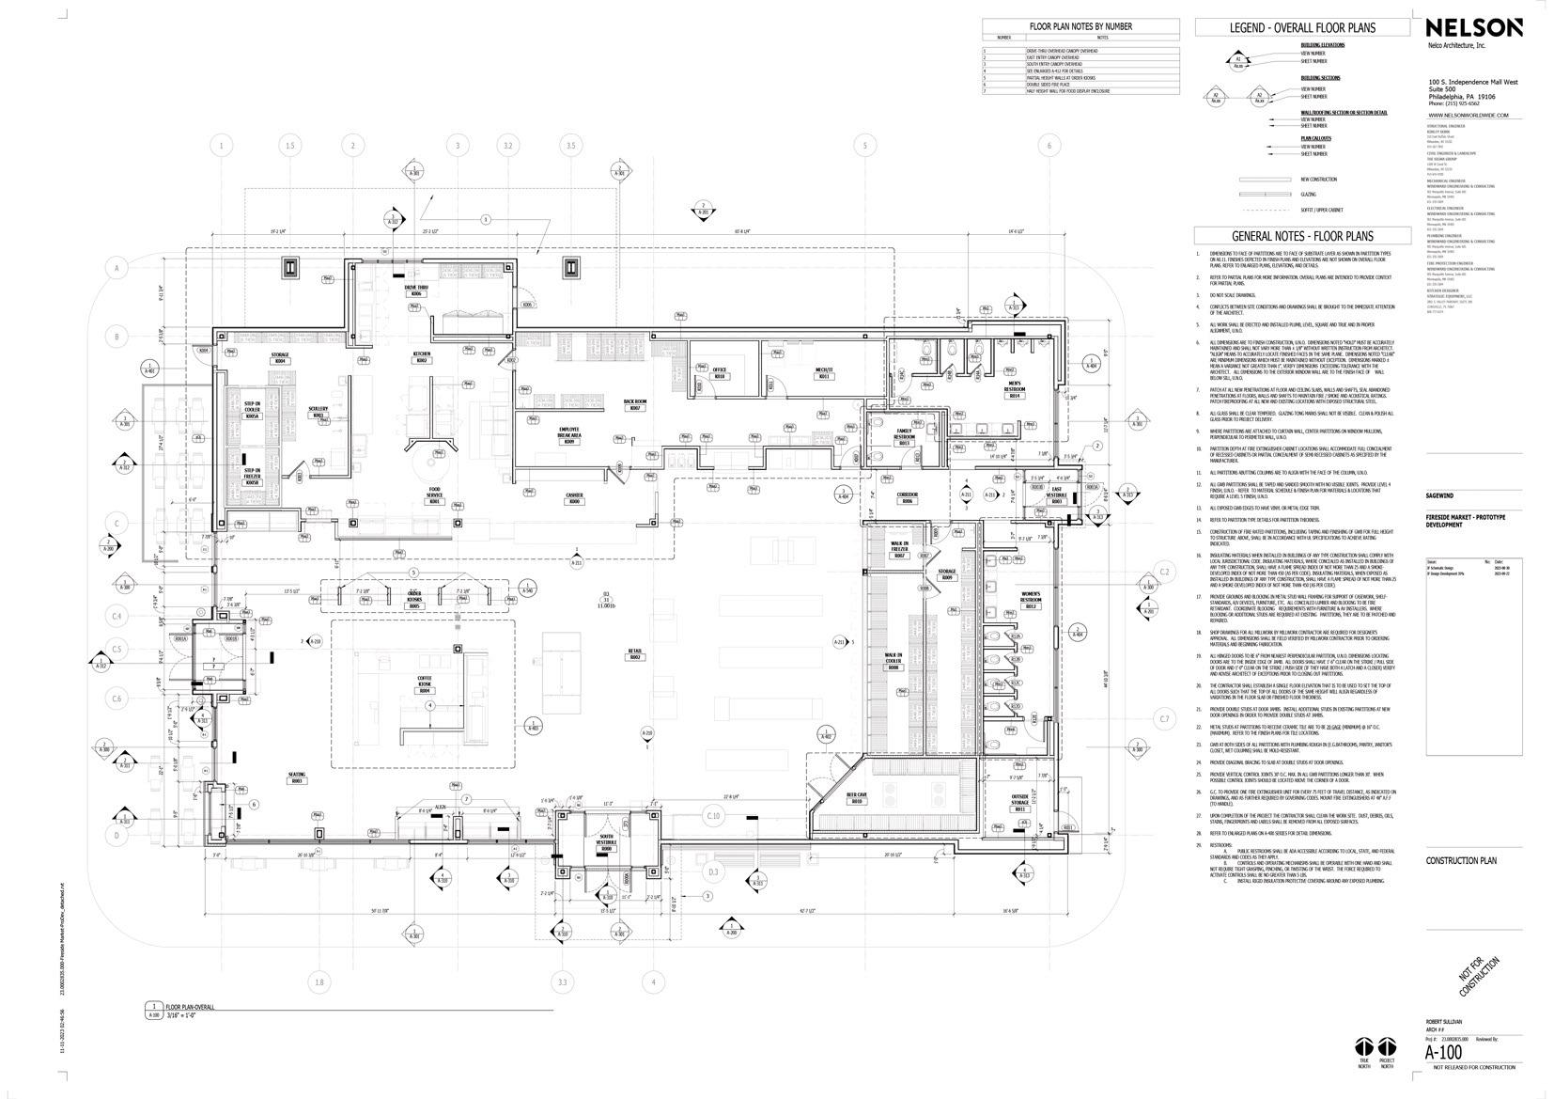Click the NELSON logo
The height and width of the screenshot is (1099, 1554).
pyautogui.click(x=1474, y=28)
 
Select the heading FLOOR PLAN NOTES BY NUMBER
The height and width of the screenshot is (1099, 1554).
pyautogui.click(x=1080, y=26)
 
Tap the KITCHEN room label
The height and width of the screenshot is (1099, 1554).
pyautogui.click(x=422, y=356)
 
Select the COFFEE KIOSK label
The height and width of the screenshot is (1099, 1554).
pyautogui.click(x=425, y=687)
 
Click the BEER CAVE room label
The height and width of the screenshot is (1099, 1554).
pyautogui.click(x=856, y=797)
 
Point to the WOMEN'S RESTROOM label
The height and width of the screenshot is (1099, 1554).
pyautogui.click(x=1031, y=603)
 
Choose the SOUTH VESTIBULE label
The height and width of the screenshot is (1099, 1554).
pyautogui.click(x=605, y=844)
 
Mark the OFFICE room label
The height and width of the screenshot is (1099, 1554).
pyautogui.click(x=720, y=372)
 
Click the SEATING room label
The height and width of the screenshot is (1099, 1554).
pyautogui.click(x=297, y=777)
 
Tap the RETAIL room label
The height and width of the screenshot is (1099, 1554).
pyautogui.click(x=635, y=653)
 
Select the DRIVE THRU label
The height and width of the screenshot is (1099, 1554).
pyautogui.click(x=416, y=290)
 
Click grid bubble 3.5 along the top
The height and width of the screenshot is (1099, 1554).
pyautogui.click(x=570, y=146)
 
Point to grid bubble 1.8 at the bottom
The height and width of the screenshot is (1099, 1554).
pyautogui.click(x=319, y=982)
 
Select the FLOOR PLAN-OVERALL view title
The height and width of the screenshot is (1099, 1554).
pyautogui.click(x=189, y=1008)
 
